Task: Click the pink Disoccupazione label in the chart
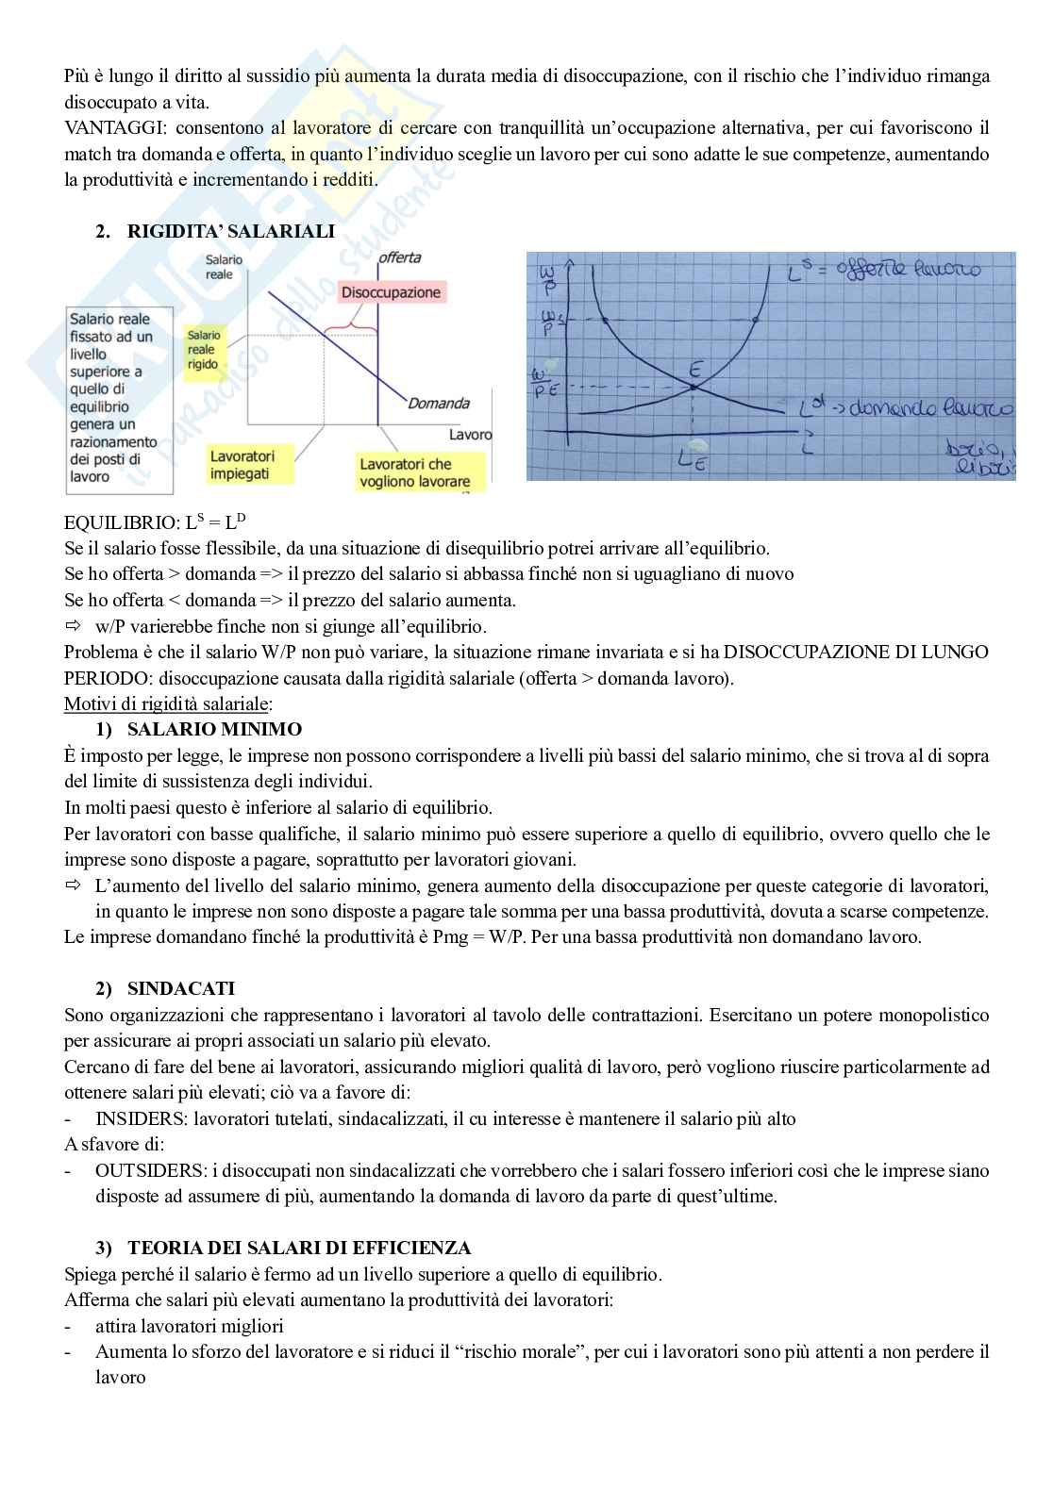pos(391,292)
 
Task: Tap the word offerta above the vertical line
pos(399,257)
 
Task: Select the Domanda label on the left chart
pos(439,404)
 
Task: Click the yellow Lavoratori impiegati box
pos(242,465)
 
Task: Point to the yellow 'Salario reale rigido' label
pos(204,350)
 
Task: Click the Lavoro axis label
pos(470,435)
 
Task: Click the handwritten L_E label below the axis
pos(693,462)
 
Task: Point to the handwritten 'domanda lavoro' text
pos(923,409)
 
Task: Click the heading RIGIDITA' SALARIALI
pos(230,231)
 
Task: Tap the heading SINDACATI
pos(180,988)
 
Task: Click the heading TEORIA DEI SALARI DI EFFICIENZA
pos(299,1248)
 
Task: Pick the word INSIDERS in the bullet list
pos(133,1119)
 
